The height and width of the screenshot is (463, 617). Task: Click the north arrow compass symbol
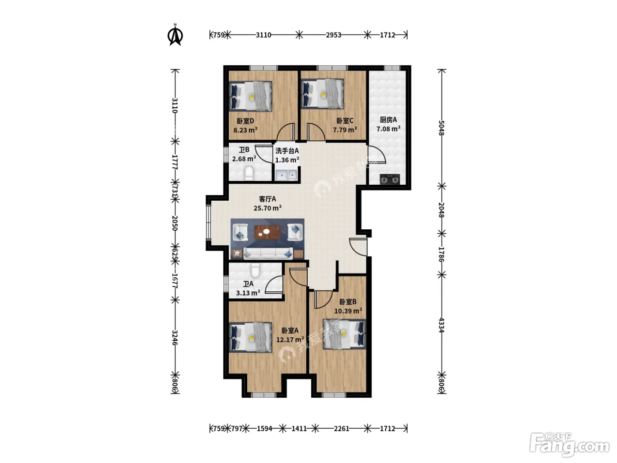point(175,35)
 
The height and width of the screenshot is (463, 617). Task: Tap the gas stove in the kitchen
point(390,179)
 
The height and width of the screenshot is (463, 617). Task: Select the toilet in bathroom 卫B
point(249,173)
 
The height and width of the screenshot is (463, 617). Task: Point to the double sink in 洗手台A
point(286,175)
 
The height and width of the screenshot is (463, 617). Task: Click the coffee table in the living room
point(268,232)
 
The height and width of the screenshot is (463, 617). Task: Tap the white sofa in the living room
point(268,253)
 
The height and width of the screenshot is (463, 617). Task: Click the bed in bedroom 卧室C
point(323,93)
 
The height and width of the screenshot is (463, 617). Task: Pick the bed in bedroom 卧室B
point(344,334)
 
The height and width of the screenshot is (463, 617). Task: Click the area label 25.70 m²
point(268,208)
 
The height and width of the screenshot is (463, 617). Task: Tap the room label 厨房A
point(388,120)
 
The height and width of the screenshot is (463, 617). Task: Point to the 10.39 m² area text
point(348,311)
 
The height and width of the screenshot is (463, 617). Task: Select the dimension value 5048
point(441,128)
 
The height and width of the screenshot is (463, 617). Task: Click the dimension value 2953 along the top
point(333,35)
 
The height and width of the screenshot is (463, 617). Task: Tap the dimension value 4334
point(441,325)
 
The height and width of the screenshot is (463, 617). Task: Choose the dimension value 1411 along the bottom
point(299,429)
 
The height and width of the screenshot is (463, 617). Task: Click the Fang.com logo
point(569,445)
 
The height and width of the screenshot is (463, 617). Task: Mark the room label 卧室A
point(290,331)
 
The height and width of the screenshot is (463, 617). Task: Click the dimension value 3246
point(175,338)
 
